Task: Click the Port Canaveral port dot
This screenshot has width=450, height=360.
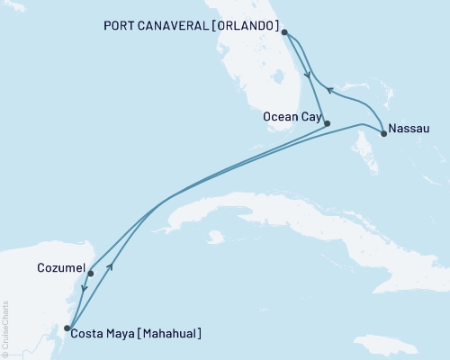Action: pos(284,33)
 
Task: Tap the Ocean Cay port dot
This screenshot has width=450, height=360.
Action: pos(327,123)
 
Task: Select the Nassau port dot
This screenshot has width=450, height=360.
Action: pos(384,134)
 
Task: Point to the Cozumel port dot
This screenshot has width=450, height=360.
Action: pos(90,273)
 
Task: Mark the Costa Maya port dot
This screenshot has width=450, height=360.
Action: pos(68,328)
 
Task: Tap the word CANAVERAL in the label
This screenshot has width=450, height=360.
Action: pos(162,23)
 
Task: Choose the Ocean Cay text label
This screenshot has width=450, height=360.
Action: pos(290,116)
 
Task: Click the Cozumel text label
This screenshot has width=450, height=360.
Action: pos(61,268)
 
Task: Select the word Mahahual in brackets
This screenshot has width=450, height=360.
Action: pos(166,334)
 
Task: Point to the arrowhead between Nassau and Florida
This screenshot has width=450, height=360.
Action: pos(329,89)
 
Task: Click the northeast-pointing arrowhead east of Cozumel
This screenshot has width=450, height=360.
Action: pos(110,266)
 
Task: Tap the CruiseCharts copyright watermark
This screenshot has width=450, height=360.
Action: pos(5,328)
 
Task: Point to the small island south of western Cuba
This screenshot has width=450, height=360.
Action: pos(214,238)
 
